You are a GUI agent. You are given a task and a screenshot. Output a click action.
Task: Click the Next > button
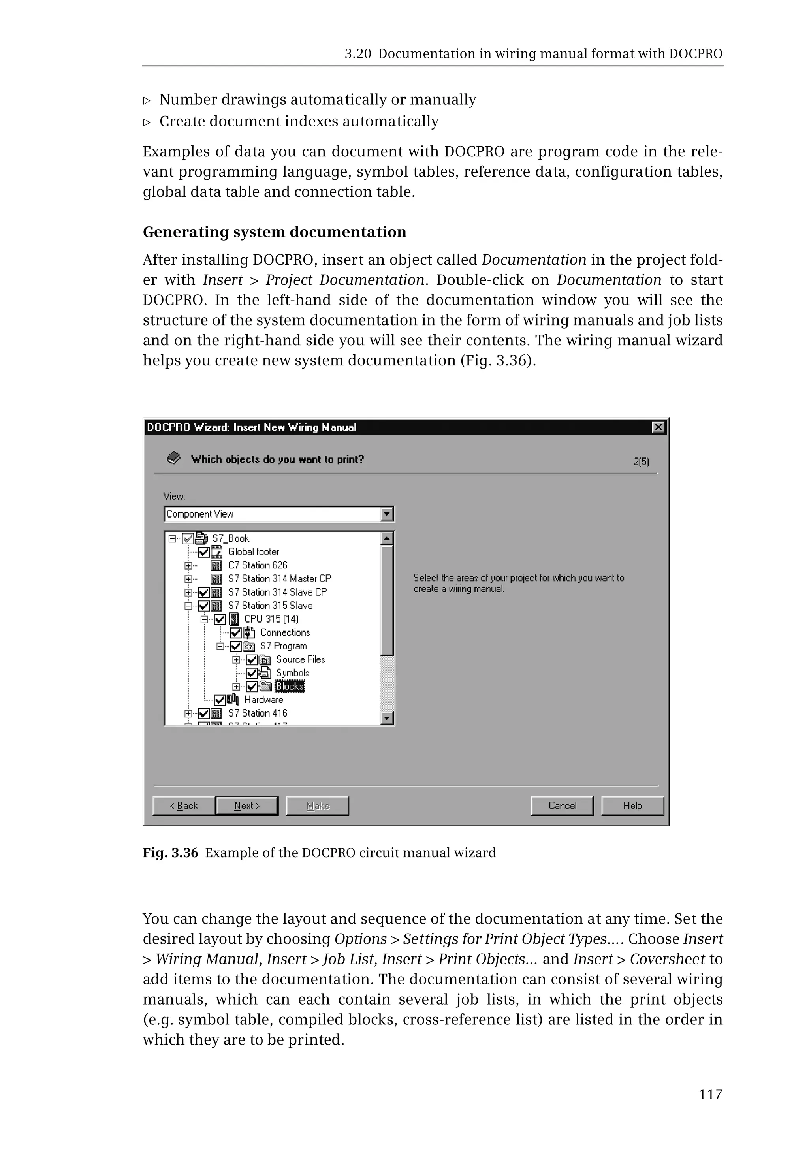pyautogui.click(x=247, y=806)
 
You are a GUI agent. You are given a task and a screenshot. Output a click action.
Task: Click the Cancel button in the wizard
pyautogui.click(x=562, y=806)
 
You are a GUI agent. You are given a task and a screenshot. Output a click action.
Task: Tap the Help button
pyautogui.click(x=632, y=806)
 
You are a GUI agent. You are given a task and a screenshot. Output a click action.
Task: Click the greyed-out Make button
pyautogui.click(x=318, y=806)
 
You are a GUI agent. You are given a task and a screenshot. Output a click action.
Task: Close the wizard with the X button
pyautogui.click(x=658, y=427)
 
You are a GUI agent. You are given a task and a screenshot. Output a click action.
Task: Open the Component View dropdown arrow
pyautogui.click(x=387, y=514)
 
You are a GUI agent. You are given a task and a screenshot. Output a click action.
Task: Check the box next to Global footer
pyautogui.click(x=204, y=551)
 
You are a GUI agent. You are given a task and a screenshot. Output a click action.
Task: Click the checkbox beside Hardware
pyautogui.click(x=220, y=700)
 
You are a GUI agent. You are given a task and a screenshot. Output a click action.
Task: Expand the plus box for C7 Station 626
pyautogui.click(x=188, y=565)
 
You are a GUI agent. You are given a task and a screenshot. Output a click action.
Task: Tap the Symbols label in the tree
pyautogui.click(x=292, y=673)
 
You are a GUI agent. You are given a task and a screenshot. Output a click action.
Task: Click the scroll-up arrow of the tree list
pyautogui.click(x=387, y=538)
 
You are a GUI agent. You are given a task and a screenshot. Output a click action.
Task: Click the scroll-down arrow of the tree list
pyautogui.click(x=387, y=718)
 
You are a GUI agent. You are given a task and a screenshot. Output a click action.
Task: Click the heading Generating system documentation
pyautogui.click(x=274, y=231)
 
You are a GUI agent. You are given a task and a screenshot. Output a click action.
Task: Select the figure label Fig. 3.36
pyautogui.click(x=170, y=853)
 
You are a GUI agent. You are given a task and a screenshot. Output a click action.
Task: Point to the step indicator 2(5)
pyautogui.click(x=641, y=461)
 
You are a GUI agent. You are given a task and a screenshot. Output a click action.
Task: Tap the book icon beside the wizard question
pyautogui.click(x=173, y=458)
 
